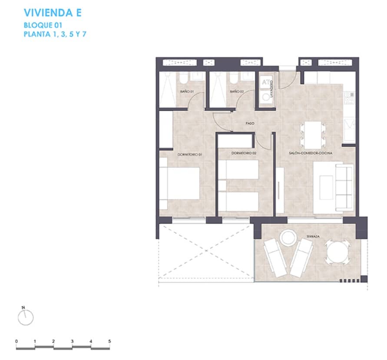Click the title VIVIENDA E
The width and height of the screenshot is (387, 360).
pos(53,12)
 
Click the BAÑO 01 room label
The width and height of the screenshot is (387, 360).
pos(186,92)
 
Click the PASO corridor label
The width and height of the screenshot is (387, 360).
pos(250,124)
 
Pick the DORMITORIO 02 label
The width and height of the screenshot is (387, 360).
pos(244,154)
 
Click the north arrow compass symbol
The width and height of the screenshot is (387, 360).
pos(25,317)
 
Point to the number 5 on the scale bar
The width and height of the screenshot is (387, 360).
pos(110,341)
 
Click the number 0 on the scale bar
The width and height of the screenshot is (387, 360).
pos(16,341)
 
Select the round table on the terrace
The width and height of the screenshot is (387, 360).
pos(338,252)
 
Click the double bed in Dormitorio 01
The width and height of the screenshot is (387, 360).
pos(180,183)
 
